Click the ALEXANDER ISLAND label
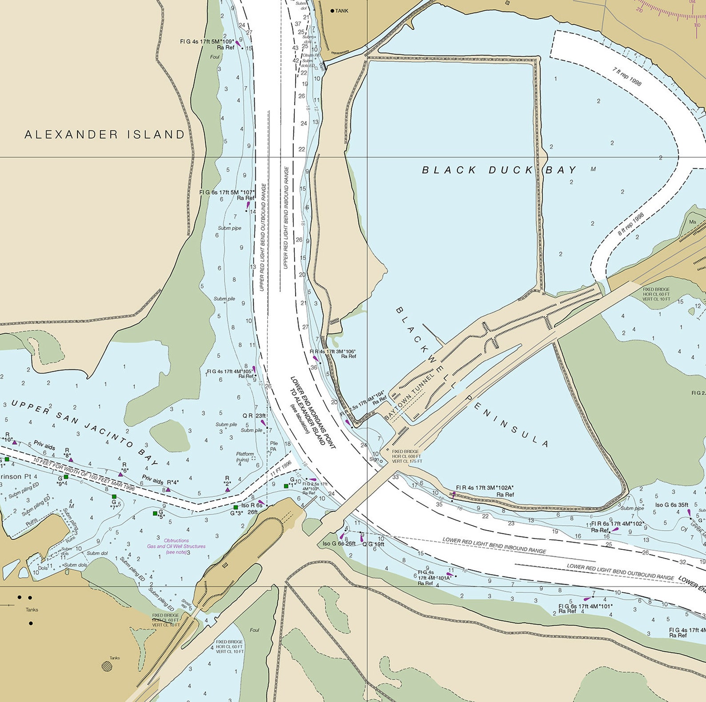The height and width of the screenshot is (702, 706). [104, 135]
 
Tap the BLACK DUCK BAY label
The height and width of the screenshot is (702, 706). [499, 170]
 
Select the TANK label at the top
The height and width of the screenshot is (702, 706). [341, 11]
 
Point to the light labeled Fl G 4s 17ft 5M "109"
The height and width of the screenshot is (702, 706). [207, 41]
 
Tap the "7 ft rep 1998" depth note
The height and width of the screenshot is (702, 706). [627, 77]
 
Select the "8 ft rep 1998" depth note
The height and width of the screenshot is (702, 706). [630, 225]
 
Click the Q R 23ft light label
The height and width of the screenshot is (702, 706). [254, 416]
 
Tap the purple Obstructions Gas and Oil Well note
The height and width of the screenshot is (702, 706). [176, 546]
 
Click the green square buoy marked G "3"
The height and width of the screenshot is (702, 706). [236, 507]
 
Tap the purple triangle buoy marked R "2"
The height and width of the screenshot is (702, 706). [228, 489]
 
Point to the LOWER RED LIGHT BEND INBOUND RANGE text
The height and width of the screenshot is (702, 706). [494, 545]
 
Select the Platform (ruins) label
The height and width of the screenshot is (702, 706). [245, 456]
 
